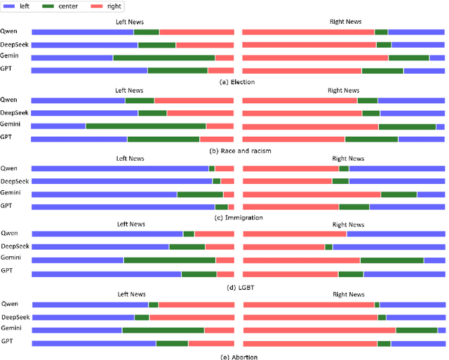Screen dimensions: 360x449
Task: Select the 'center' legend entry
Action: [x=72, y=6]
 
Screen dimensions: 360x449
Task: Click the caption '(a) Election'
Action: [x=237, y=82]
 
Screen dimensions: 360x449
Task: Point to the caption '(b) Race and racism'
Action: [x=237, y=150]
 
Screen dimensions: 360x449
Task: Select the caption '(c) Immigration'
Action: [x=237, y=218]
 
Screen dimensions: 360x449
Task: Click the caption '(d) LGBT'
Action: [x=237, y=287]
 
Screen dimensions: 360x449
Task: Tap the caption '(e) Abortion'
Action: [x=237, y=356]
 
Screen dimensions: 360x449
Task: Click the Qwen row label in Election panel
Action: [x=9, y=32]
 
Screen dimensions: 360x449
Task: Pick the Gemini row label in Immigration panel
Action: [x=10, y=193]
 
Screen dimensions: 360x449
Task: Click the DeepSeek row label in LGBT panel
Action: [x=14, y=246]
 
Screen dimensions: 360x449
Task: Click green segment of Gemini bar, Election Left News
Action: [x=163, y=58]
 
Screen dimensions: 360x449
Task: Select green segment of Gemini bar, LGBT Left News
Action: [x=169, y=260]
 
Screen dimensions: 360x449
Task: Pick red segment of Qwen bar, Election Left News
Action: [x=196, y=32]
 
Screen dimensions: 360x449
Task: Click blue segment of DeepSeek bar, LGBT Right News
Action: [x=389, y=247]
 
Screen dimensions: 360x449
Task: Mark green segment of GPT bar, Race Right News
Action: [x=371, y=139]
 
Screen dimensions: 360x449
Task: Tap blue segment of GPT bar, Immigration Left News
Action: [x=123, y=207]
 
